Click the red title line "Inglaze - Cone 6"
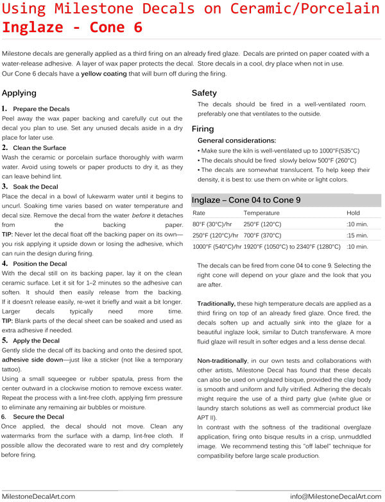tap(72, 28)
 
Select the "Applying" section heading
tap(20, 94)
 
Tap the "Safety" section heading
tap(205, 94)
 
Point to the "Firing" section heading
tap(203, 129)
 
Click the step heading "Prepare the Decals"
tap(41, 110)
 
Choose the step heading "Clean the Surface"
tap(40, 148)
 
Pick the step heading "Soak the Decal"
tap(35, 187)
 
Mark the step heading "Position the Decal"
tap(40, 264)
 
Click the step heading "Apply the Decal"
tap(36, 340)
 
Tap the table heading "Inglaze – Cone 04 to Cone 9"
tap(246, 200)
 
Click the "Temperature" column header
tap(261, 213)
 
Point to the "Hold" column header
tap(353, 213)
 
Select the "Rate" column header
tap(199, 213)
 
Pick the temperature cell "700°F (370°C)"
tap(262, 235)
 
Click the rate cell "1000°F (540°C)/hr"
tap(217, 246)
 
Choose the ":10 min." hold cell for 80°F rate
tap(357, 224)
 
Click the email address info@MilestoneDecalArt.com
tap(336, 496)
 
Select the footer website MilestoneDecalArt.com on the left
tap(38, 496)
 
